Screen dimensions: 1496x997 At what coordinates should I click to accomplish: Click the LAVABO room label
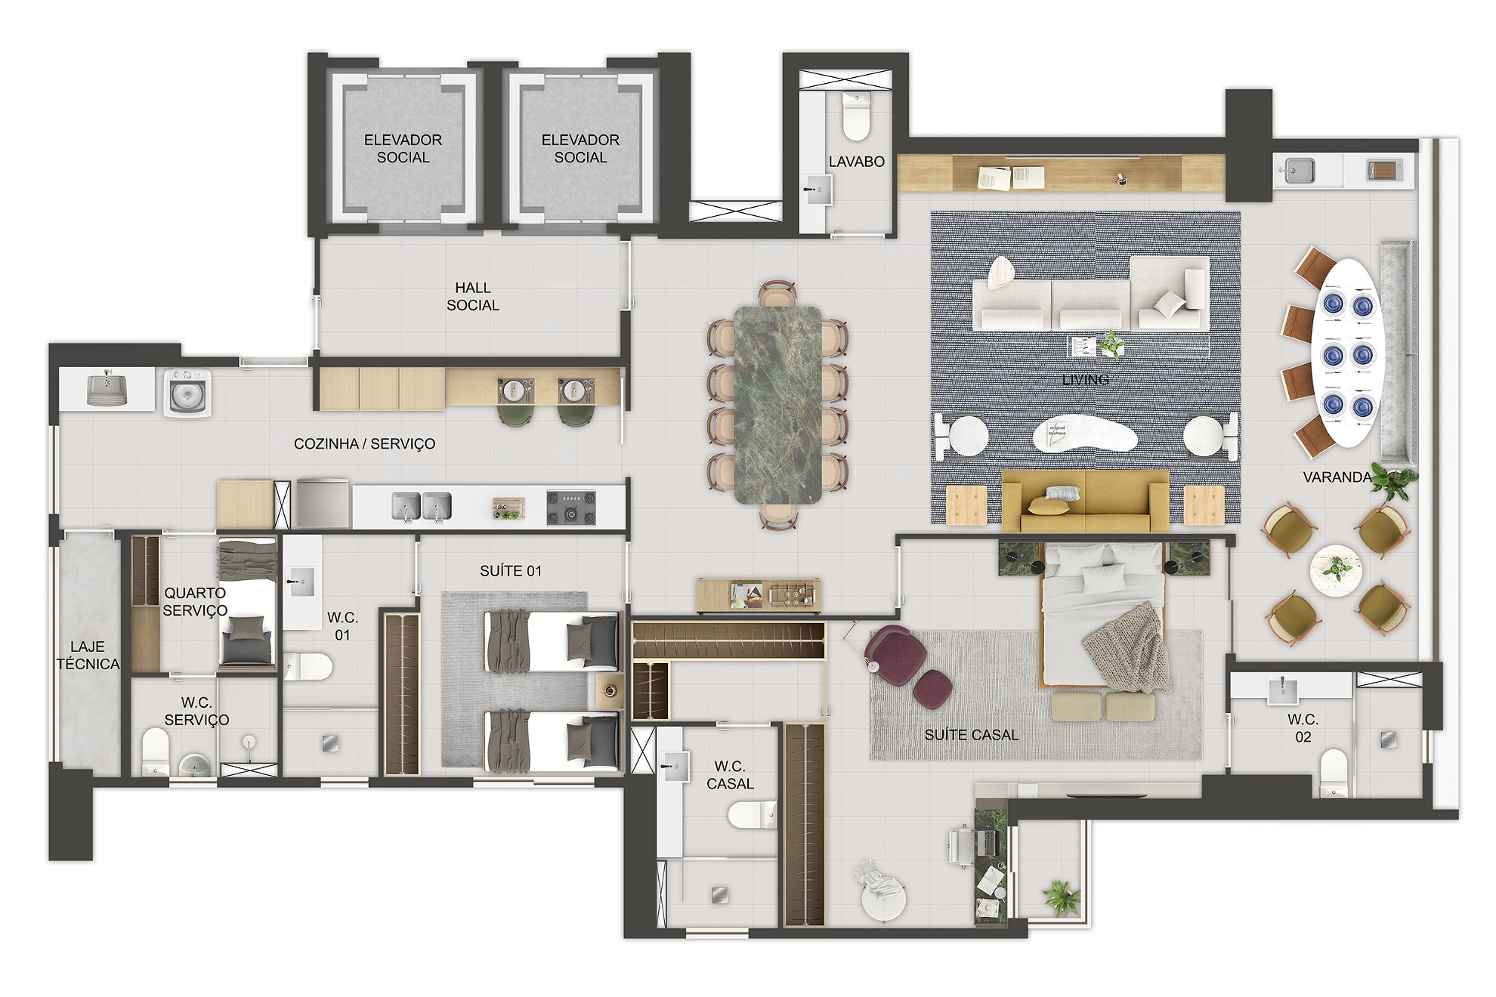tap(856, 162)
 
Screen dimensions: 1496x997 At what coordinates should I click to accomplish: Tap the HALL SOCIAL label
tap(473, 296)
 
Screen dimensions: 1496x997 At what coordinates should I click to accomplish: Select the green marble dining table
tap(777, 404)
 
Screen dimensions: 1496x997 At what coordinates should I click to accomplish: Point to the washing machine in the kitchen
tap(187, 390)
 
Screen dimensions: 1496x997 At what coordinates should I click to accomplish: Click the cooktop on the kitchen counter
tap(571, 508)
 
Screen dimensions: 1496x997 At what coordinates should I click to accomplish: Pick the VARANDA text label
tap(1337, 477)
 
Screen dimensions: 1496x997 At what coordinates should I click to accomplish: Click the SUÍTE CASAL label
tap(971, 734)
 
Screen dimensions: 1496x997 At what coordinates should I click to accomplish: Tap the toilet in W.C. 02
tap(1334, 772)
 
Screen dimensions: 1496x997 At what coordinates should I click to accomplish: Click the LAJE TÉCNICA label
tap(88, 655)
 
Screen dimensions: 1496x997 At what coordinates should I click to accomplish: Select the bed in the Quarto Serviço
tap(246, 603)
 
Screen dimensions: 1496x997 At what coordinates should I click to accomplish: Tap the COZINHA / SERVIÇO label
tap(364, 444)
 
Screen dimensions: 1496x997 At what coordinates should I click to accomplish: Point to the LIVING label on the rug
tap(1086, 379)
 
